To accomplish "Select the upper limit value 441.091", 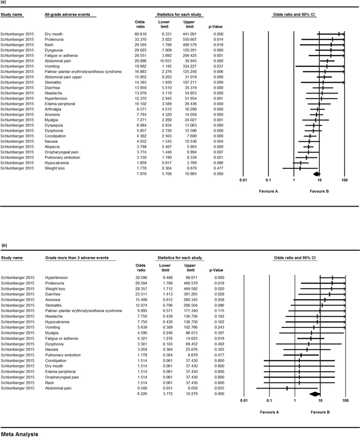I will click(x=189, y=34).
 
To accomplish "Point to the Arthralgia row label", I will click(x=55, y=123).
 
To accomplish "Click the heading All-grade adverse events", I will click(x=67, y=14).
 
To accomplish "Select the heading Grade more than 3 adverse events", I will click(x=77, y=257).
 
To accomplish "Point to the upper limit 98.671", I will click(x=189, y=277).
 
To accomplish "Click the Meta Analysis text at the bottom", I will click(x=20, y=434).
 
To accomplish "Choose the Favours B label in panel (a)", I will click(x=319, y=191).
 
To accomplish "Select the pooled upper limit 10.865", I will click(x=189, y=174).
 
